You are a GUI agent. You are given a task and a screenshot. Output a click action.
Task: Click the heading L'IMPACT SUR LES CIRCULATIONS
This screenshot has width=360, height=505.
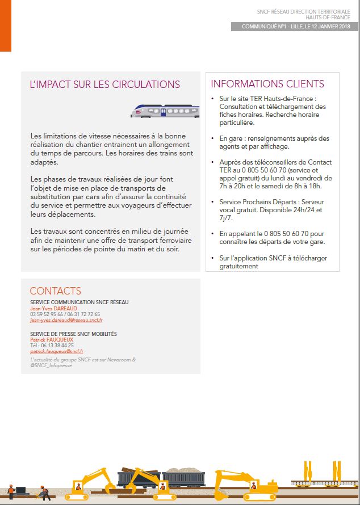[x=104, y=85]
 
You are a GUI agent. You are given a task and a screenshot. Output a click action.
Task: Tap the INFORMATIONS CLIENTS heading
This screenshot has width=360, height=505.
[x=267, y=84]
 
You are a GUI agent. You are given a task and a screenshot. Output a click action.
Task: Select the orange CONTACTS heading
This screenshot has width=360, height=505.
[x=55, y=291]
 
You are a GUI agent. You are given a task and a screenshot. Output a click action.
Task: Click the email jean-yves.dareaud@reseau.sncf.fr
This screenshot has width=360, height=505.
[x=66, y=320]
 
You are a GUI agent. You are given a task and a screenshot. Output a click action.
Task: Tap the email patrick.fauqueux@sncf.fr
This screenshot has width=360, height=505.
[x=56, y=351]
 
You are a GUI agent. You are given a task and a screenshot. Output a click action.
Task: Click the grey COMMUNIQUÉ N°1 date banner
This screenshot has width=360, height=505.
[x=295, y=27]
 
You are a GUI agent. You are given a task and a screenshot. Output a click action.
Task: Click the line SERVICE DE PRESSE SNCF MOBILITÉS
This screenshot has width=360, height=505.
[x=73, y=334]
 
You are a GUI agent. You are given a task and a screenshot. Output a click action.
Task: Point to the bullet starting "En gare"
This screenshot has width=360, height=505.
[x=274, y=142]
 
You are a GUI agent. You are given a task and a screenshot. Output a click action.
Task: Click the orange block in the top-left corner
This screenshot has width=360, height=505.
[x=6, y=26]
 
